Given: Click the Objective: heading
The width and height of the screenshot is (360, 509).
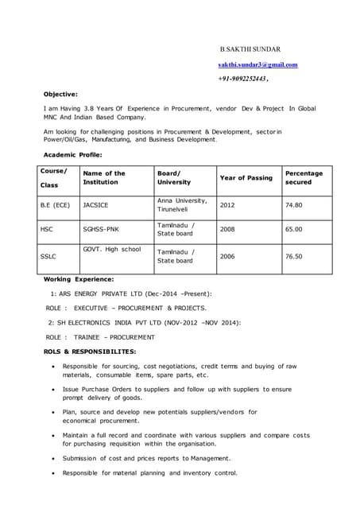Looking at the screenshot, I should tap(60, 94).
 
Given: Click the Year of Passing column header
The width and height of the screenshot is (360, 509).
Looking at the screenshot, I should tap(246, 177).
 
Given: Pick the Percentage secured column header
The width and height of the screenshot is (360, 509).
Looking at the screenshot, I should tap(304, 177).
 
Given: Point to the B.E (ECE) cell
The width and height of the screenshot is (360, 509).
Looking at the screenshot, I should tap(55, 204).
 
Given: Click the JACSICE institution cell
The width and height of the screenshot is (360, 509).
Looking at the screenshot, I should tap(96, 204).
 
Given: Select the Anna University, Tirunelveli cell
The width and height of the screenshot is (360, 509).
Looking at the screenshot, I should tap(182, 204).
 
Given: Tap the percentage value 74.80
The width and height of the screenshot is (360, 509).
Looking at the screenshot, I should tap(293, 204).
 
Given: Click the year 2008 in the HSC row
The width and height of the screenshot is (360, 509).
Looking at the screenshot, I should tap(227, 229).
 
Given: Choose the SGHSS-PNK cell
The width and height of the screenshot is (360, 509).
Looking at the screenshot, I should tap(100, 229).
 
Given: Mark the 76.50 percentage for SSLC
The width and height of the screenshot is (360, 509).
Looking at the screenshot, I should tap(293, 256).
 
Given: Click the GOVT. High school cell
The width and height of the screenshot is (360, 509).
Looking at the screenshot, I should tap(111, 250).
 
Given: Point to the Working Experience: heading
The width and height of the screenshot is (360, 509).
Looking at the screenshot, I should tap(78, 279).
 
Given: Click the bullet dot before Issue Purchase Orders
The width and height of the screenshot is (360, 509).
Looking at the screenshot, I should tap(52, 390).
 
